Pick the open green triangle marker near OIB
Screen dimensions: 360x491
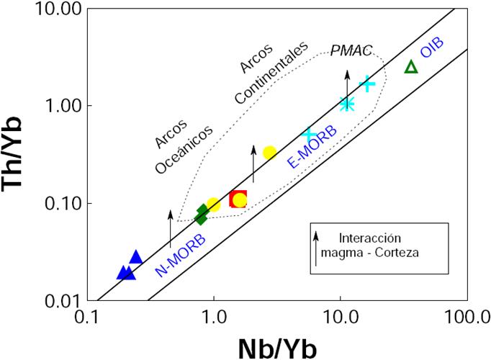coord(411,67)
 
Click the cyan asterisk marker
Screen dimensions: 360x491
coord(347,104)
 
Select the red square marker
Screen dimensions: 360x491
coord(238,199)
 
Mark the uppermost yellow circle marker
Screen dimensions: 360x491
coord(270,153)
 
